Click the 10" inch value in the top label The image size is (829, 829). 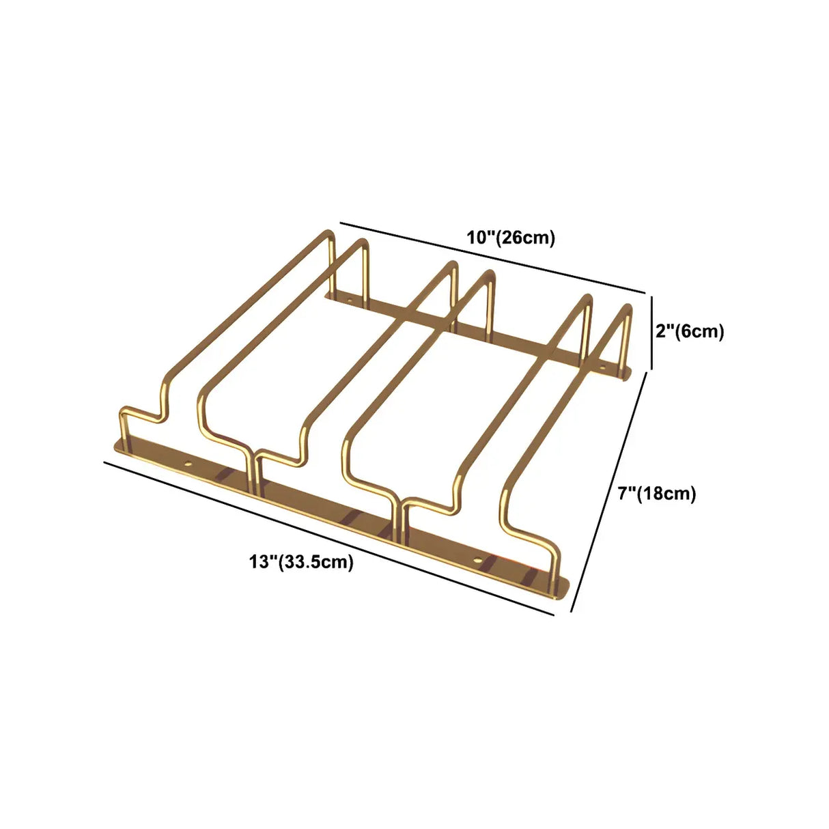[x=480, y=238]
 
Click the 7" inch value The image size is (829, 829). [x=626, y=493]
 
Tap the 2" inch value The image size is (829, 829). [x=664, y=331]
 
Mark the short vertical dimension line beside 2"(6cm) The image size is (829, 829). [x=651, y=332]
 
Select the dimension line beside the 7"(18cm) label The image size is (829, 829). [x=609, y=494]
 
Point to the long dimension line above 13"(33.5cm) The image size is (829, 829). [x=328, y=538]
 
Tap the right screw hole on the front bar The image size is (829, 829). [x=477, y=562]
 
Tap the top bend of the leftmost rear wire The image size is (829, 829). [x=327, y=236]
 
